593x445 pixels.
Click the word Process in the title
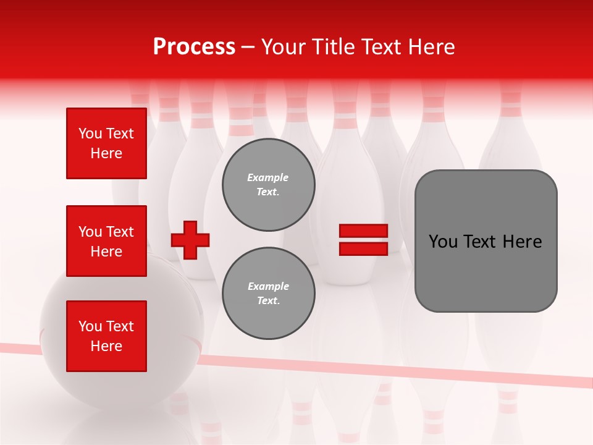[194, 47]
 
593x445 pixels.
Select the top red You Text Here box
[106, 143]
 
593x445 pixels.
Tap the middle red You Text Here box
[106, 241]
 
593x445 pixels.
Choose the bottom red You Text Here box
[106, 336]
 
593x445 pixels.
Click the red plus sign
[190, 240]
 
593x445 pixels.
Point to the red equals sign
[363, 240]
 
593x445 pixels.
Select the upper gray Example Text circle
[268, 185]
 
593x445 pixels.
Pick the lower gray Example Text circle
[268, 294]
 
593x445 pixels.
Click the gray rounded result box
[486, 241]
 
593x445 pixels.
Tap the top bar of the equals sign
[363, 231]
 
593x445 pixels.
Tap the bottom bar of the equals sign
[363, 248]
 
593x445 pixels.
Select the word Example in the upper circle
[268, 177]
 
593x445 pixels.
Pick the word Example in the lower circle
[268, 286]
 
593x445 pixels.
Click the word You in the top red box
[90, 133]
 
